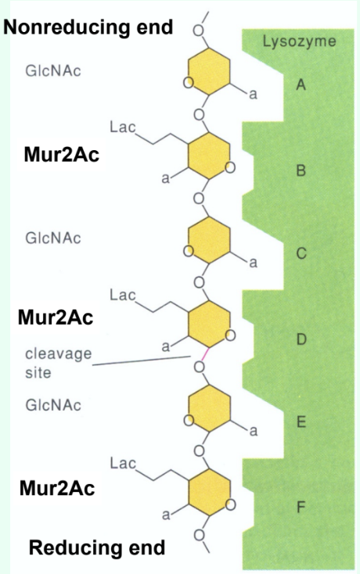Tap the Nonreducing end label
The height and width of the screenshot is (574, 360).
coord(88,28)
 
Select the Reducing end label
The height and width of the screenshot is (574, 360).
coord(97,547)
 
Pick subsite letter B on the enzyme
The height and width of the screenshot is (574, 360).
coord(300,170)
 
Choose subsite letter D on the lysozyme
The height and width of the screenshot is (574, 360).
coord(300,339)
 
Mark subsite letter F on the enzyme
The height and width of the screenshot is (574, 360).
coord(300,508)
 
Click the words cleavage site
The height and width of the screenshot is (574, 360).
coord(58,363)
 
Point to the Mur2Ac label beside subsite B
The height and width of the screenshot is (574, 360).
coord(61,154)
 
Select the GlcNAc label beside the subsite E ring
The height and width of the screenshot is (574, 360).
coord(52,405)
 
